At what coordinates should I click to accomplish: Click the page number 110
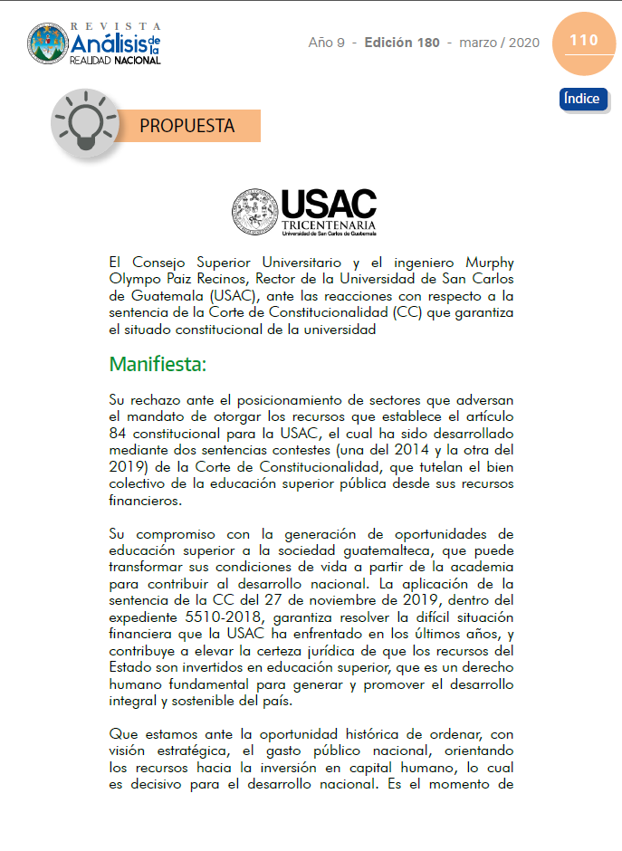tap(584, 41)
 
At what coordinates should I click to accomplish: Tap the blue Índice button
tap(583, 99)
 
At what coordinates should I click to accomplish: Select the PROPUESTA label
tap(187, 126)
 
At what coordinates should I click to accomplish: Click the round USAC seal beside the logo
tap(255, 212)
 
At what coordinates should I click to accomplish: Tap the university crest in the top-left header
tap(47, 43)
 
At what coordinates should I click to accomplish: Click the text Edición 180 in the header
tap(402, 43)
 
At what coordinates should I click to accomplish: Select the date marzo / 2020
tap(499, 43)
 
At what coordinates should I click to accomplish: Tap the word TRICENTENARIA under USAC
tap(328, 224)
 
